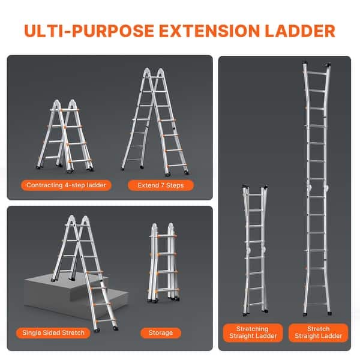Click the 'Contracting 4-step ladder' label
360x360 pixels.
tap(66, 185)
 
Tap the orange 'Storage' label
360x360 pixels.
tap(160, 332)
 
